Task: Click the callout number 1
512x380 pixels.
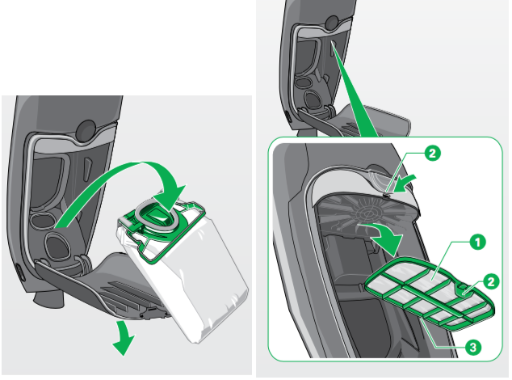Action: click(x=477, y=241)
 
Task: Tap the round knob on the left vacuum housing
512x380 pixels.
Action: click(x=86, y=129)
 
